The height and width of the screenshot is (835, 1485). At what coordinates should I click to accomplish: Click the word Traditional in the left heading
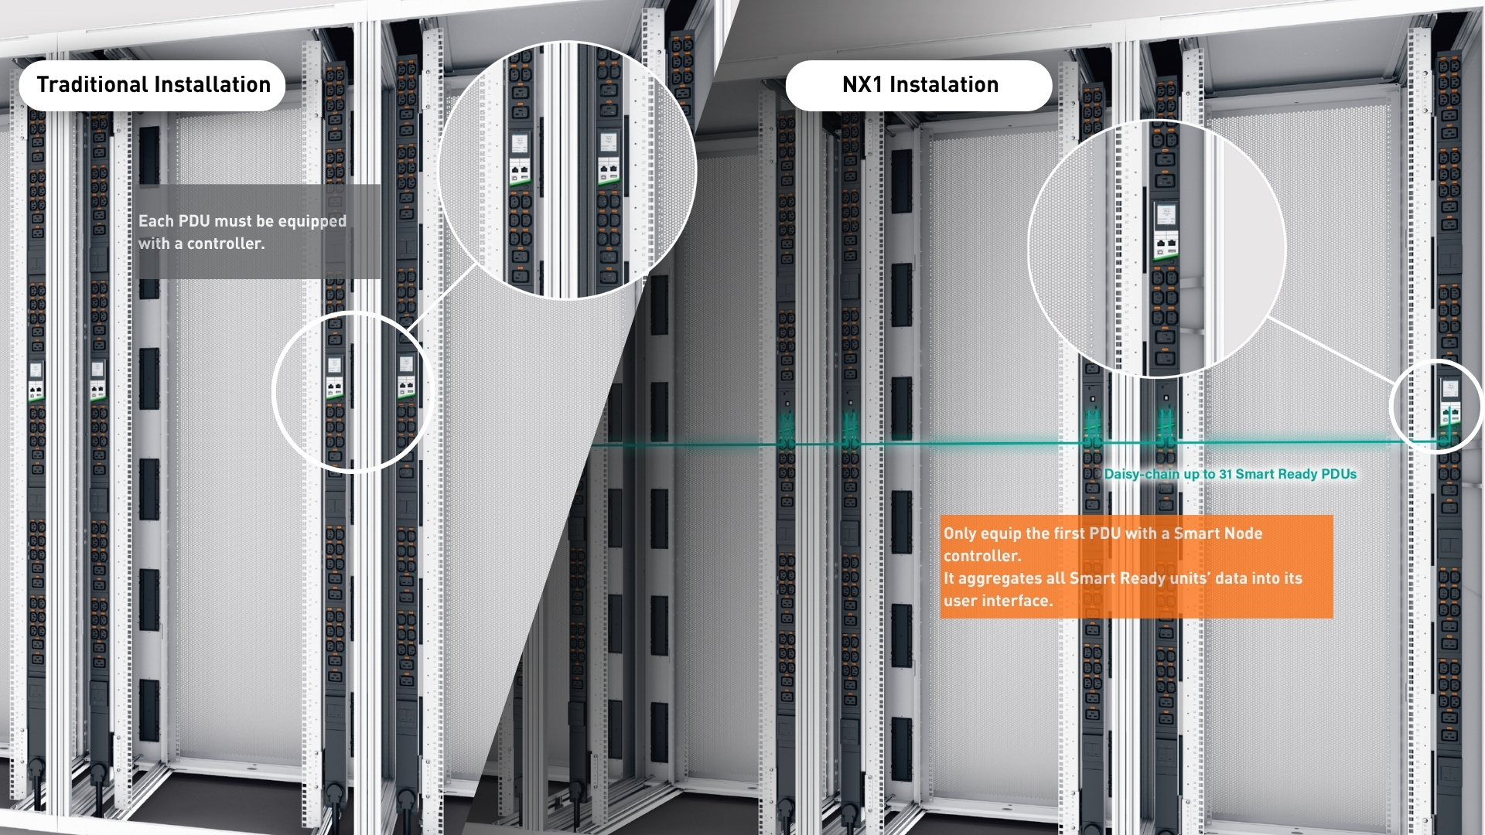pyautogui.click(x=94, y=84)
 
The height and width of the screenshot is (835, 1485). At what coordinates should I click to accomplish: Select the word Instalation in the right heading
pyautogui.click(x=944, y=84)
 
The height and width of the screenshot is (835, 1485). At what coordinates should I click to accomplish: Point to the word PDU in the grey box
pyautogui.click(x=193, y=221)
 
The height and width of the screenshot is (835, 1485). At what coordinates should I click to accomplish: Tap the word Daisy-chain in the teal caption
pyautogui.click(x=1142, y=474)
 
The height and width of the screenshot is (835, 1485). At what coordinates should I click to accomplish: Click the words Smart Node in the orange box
pyautogui.click(x=1218, y=533)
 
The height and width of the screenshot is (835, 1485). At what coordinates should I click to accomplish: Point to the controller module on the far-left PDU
pyautogui.click(x=36, y=381)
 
